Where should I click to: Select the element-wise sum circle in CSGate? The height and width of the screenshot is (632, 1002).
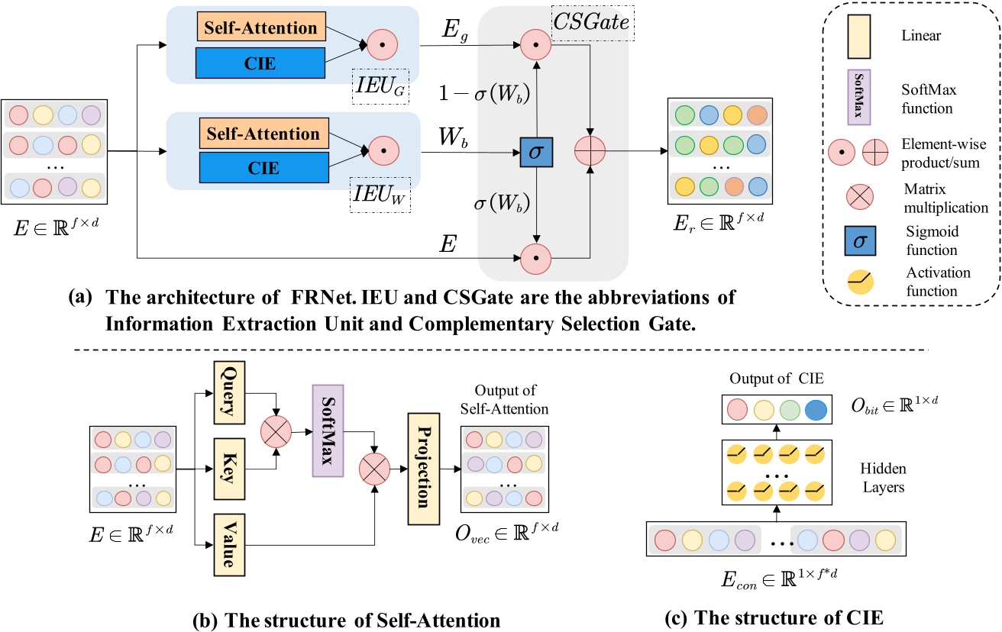(x=590, y=153)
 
